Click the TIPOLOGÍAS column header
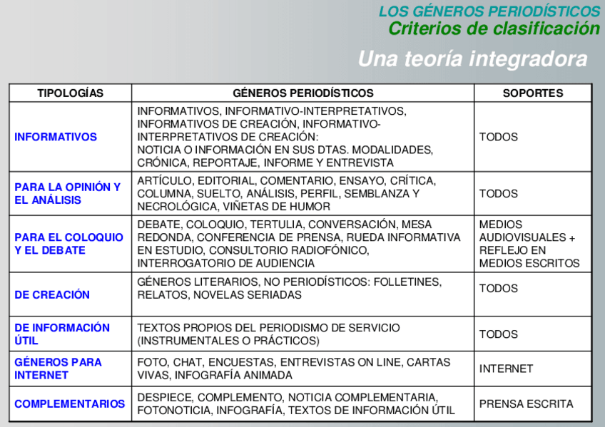pos(70,93)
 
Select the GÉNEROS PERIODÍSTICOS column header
pos(302,93)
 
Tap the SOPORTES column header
pos(532,93)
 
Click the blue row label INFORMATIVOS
pos(56,137)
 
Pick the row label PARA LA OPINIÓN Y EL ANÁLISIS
pos(68,193)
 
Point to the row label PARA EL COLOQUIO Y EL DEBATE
pos(69,244)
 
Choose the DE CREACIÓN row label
pos(52,294)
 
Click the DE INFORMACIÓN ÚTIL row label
pos(62,334)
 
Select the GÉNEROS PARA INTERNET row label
pos(58,369)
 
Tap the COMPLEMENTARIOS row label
pos(69,403)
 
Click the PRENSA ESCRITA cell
pos(526,403)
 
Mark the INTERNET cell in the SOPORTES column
pos(506,369)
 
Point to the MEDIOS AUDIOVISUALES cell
pos(527,244)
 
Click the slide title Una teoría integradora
pos(472,58)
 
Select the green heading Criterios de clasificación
pos(494,29)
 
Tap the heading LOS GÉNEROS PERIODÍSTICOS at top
pos(489,11)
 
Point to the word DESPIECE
pos(164,397)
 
